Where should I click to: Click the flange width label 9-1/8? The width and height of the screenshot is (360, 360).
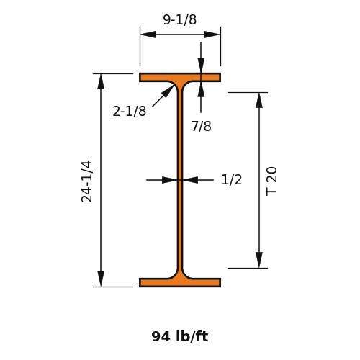pos(180,19)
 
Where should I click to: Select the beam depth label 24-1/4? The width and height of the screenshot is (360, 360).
pos(86,181)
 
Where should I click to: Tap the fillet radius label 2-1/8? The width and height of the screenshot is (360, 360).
pos(130,112)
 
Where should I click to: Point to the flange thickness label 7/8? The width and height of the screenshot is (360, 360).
pos(202,126)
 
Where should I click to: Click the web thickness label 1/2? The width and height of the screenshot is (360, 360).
pos(232,180)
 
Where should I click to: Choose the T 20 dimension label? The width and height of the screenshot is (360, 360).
pos(271,181)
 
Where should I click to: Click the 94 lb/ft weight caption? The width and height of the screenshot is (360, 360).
pos(180,336)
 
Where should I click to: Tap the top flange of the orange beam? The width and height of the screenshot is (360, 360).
pos(180,78)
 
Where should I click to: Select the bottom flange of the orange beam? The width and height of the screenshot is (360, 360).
pos(180,282)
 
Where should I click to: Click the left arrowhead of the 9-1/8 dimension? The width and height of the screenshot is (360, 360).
pos(148,35)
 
